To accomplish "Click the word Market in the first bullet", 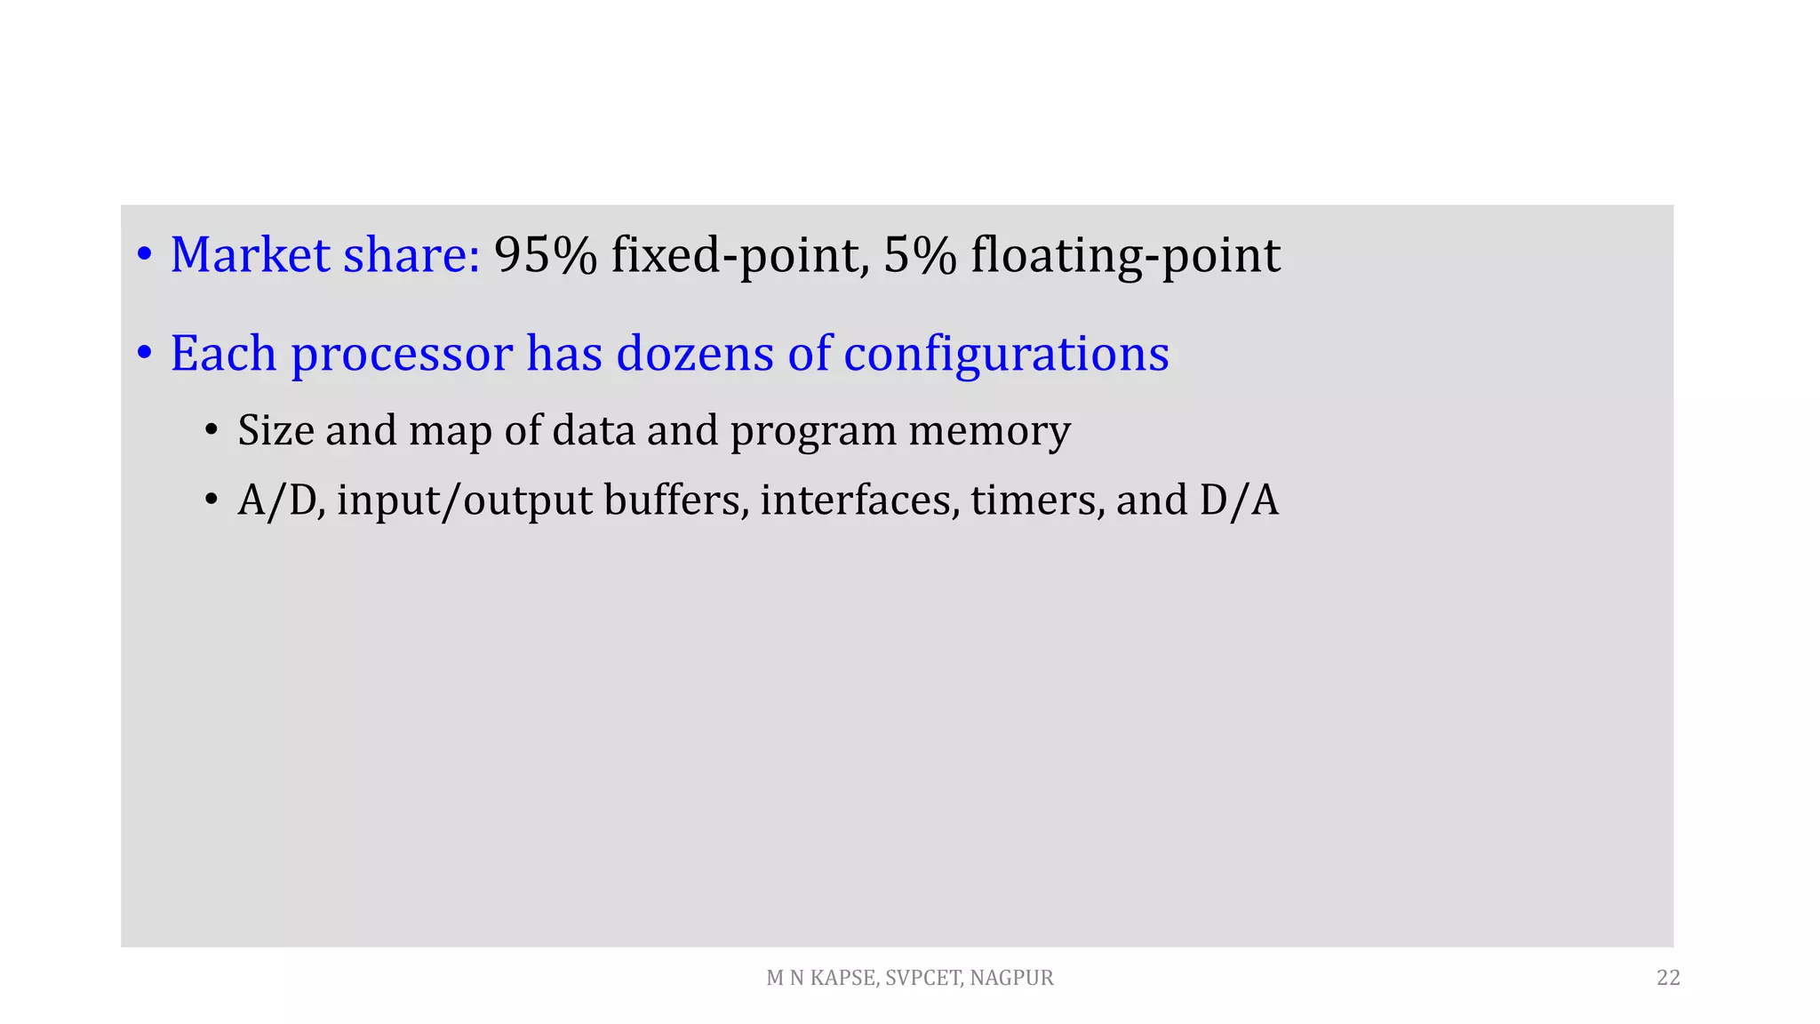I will [x=251, y=255].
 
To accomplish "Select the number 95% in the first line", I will [x=545, y=255].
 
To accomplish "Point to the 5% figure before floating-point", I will [x=920, y=255].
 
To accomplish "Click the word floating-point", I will [x=1125, y=257].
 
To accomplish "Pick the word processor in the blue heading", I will [x=402, y=355].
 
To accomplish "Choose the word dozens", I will [x=694, y=353].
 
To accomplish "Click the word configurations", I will [x=1006, y=355].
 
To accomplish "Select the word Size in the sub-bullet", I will [x=275, y=430].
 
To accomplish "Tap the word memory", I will [x=989, y=432].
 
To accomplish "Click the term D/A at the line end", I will [x=1239, y=500].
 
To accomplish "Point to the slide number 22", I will [x=1668, y=978].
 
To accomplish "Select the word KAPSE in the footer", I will [x=844, y=978].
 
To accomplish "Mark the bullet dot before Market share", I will [x=144, y=255].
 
